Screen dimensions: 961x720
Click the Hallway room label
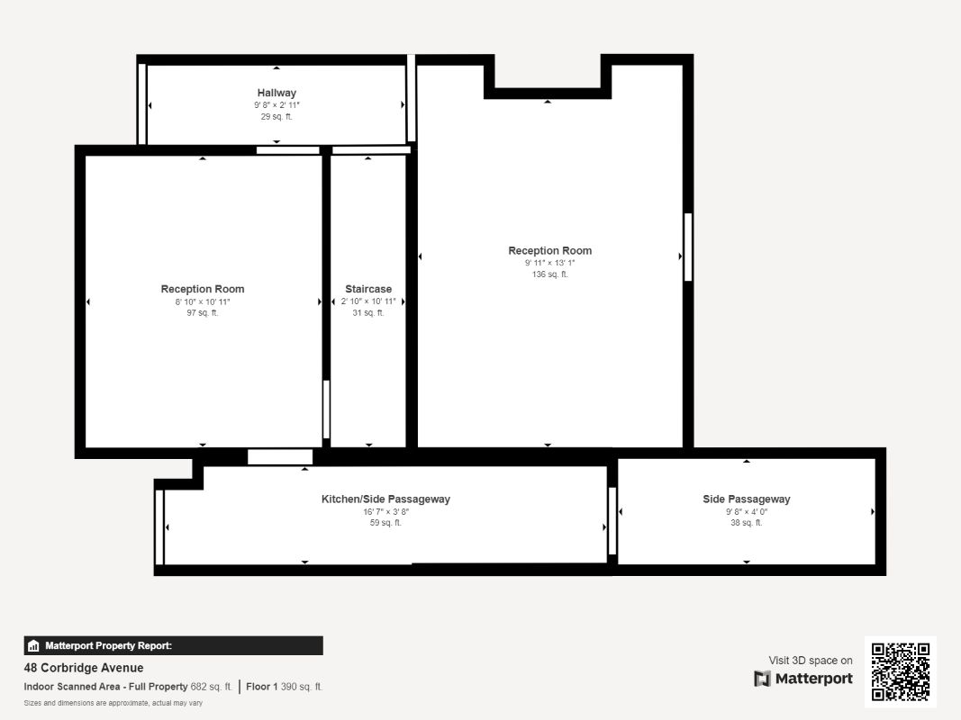277,93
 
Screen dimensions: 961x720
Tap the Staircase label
368,289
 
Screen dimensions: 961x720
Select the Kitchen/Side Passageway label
385,499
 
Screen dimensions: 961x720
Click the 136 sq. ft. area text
549,274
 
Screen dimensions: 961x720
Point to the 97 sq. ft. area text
203,313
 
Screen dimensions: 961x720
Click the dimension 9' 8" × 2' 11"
277,104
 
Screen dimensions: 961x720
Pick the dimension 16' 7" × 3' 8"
385,511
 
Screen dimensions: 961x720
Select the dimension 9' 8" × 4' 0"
747,511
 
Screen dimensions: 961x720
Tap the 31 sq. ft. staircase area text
368,313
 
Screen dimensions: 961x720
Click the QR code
901,671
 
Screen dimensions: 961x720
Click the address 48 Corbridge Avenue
84,668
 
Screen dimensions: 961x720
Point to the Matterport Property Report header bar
174,646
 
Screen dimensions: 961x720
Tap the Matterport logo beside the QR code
802,679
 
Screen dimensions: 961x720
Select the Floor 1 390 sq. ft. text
285,687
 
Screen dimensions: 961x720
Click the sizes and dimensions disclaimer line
113,703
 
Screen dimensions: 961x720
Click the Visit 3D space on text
811,660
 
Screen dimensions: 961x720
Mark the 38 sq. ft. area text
747,523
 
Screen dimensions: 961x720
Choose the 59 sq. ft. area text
385,523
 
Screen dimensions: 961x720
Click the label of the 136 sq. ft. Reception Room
549,250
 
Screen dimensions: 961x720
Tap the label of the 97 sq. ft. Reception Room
203,289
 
